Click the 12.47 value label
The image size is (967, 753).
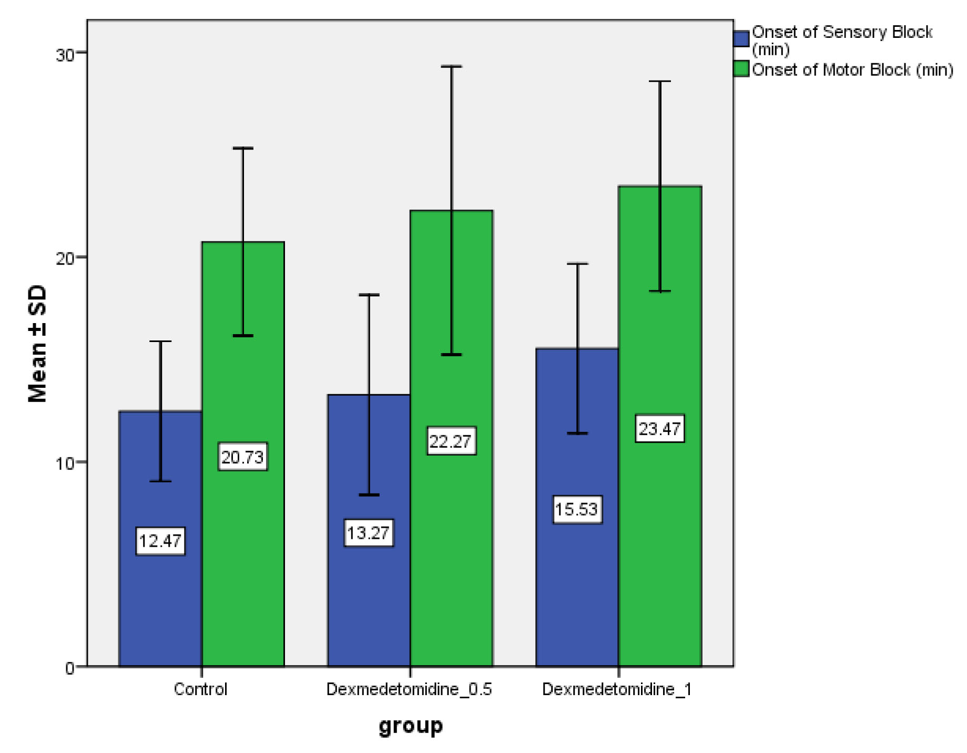pos(160,541)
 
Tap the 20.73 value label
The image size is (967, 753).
pos(242,457)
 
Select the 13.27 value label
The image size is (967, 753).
pos(368,533)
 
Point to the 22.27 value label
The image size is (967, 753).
pos(451,441)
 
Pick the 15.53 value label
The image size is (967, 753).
pos(577,509)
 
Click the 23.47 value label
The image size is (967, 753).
pos(659,428)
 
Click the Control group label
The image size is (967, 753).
pos(200,689)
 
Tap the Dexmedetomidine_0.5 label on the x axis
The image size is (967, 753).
pos(409,689)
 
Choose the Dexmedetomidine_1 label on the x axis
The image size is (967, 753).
pos(617,689)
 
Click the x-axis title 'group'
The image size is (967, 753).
pos(411,726)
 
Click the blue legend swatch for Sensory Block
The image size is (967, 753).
pos(741,39)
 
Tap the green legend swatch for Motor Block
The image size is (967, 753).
pos(741,69)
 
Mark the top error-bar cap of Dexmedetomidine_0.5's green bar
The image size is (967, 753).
pos(451,67)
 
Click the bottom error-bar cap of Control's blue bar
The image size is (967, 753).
pos(160,481)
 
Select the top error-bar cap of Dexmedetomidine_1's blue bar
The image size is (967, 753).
pos(577,264)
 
